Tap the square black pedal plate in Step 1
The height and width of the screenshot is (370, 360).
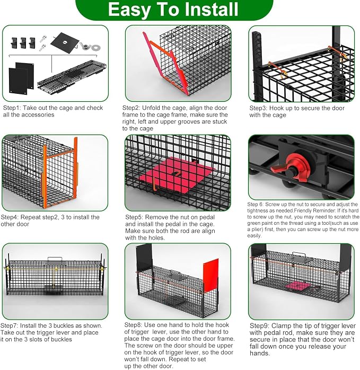[x=65, y=43]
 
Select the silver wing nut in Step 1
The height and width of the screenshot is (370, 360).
[x=85, y=46]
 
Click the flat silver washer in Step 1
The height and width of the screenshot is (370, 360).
[x=96, y=48]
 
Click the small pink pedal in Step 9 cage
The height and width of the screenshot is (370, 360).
[x=298, y=286]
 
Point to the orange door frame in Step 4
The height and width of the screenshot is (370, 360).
[x=60, y=173]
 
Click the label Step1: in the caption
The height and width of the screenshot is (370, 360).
[x=12, y=108]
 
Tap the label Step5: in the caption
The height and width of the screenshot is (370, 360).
[x=134, y=217]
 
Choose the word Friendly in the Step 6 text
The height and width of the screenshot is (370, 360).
[x=304, y=210]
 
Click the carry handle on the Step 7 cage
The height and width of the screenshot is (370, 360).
[x=55, y=259]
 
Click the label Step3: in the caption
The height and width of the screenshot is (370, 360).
[x=259, y=108]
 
